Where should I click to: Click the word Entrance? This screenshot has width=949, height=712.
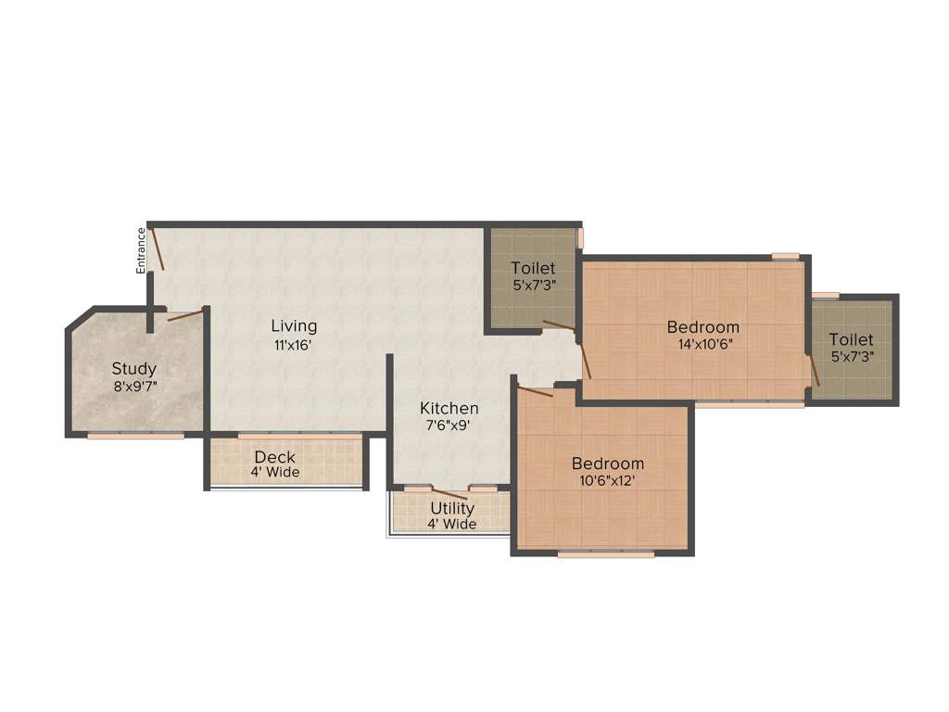142,250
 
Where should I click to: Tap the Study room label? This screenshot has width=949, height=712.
134,369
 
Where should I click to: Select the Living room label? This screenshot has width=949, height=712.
294,325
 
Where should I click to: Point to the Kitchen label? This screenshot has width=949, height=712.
449,408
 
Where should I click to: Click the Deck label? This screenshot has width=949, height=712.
274,456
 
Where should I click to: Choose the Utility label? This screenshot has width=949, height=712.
452,508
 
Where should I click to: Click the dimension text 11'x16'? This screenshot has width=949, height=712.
294,344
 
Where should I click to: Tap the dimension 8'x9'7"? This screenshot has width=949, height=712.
135,387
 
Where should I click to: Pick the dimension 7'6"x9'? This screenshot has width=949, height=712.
449,426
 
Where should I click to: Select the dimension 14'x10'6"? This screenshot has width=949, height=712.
703,345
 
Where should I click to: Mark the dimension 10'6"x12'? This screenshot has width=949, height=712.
607,481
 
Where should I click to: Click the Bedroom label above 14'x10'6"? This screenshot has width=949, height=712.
703,326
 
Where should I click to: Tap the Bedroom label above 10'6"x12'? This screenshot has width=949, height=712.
607,464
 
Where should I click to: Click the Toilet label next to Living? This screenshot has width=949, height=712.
533,269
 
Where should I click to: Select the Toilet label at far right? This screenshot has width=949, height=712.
851,339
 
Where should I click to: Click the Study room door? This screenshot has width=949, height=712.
184,315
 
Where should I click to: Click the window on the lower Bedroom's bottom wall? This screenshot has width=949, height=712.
606,555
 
